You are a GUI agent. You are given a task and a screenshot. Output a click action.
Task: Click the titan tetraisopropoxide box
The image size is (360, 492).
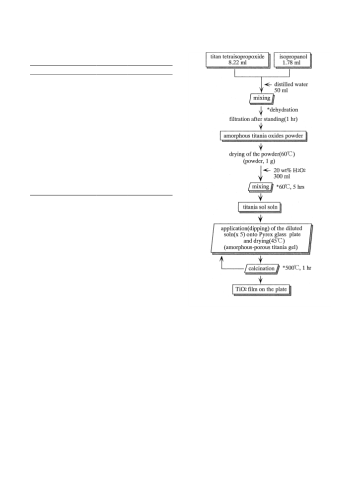tap(238, 60)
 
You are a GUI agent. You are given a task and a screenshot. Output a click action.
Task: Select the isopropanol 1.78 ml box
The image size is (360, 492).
tap(293, 60)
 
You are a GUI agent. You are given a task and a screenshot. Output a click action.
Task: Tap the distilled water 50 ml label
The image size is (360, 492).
tap(291, 87)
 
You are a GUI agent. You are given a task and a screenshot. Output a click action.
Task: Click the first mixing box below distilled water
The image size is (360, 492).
tap(262, 98)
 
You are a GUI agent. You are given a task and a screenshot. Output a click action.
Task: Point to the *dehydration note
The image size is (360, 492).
tap(283, 110)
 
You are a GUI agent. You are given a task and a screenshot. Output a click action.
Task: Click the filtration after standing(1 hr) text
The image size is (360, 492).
tap(263, 119)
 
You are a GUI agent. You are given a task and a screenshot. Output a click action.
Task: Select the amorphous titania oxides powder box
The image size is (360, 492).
tap(263, 136)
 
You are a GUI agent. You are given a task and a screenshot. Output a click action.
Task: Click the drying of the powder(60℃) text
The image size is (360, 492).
tap(262, 154)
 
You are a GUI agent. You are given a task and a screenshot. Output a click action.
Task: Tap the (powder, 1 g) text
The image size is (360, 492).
tap(259, 161)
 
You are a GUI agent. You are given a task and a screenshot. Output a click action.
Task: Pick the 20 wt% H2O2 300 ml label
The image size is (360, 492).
tap(289, 173)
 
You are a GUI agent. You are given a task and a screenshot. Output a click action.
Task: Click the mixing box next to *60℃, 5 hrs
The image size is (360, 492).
tap(261, 187)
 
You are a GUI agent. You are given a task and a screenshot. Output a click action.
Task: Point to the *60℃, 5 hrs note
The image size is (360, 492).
tap(290, 187)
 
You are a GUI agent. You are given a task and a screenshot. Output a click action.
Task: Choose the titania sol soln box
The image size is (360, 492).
tap(260, 208)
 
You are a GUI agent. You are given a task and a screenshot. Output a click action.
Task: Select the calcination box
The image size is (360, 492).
tap(262, 269)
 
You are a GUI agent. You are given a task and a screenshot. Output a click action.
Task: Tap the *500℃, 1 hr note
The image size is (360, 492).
tap(297, 268)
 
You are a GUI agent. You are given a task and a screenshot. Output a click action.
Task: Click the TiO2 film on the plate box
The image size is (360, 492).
tap(261, 289)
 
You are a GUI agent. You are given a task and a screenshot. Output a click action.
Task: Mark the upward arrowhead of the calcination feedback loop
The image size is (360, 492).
tap(221, 259)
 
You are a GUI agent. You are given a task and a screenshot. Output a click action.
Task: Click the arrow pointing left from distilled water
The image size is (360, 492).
tap(268, 84)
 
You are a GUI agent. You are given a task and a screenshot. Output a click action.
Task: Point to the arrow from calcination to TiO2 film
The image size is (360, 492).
tap(261, 280)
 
